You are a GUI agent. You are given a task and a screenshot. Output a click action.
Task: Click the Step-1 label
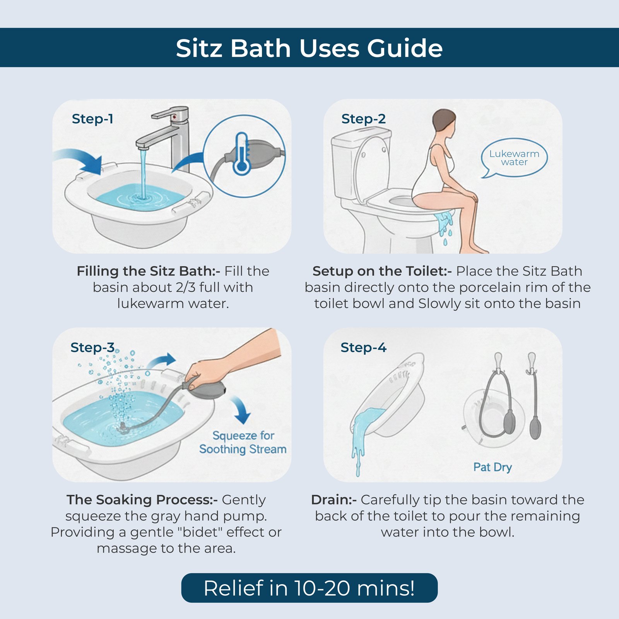[x=92, y=119]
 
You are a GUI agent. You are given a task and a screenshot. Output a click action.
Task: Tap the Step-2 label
[x=363, y=119]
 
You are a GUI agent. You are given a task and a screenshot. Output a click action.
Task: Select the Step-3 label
[x=92, y=347]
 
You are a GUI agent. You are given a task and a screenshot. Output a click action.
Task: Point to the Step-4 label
[x=363, y=347]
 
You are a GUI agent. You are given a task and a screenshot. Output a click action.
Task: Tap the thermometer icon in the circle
[x=242, y=154]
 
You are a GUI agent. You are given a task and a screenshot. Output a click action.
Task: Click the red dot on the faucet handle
[x=174, y=116]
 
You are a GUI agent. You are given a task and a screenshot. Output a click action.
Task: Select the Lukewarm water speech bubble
[x=514, y=158]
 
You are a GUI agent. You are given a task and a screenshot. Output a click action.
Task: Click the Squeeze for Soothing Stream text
[x=243, y=442]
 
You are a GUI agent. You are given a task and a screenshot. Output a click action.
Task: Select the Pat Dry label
[x=492, y=467]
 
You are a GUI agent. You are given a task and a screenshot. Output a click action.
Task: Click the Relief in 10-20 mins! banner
[x=309, y=588]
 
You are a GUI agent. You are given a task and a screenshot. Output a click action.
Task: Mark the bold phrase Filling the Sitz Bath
[x=148, y=271]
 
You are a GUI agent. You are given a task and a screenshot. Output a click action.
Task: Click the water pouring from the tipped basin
[x=362, y=433]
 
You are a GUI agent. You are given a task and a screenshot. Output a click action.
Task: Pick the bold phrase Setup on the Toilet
[x=382, y=271]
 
